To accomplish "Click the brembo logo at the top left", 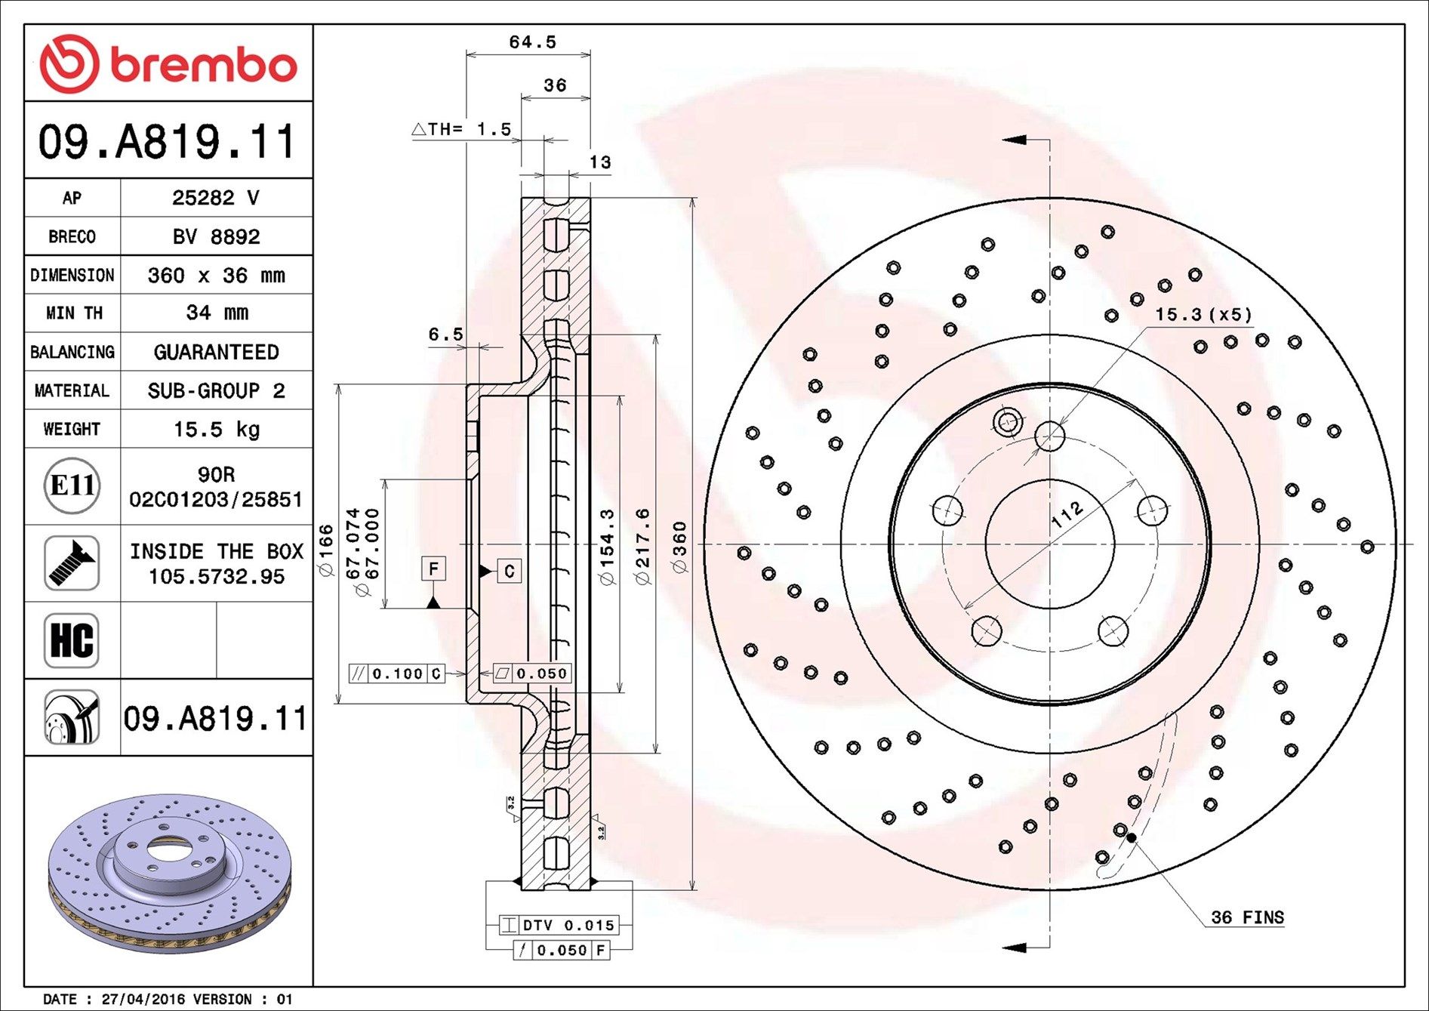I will [168, 63].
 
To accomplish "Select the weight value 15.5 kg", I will [217, 430].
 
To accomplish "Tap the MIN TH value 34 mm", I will [217, 313].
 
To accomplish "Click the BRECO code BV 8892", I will [217, 237].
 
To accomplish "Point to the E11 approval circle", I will [72, 485].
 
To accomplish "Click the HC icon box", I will [72, 640].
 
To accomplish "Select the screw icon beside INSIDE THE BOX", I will [72, 563].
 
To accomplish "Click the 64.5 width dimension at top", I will [532, 42].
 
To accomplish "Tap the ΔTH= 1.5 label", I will [462, 129].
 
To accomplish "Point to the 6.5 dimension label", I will [445, 334].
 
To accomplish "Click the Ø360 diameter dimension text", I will [680, 547].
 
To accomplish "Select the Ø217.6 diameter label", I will [642, 547].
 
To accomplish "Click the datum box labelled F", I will [433, 569].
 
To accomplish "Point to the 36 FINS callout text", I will [1247, 917].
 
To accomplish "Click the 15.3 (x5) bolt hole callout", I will [1203, 314].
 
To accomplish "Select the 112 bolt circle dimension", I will [1067, 514].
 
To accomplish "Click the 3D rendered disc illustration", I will [169, 868].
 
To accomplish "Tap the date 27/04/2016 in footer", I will [143, 999].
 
